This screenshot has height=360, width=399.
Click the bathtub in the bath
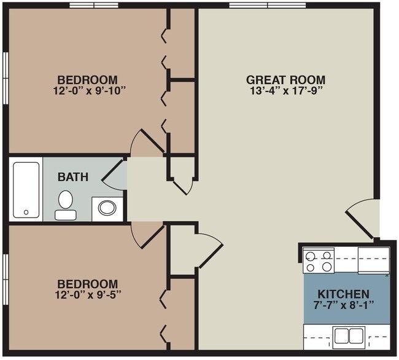coord(26,190)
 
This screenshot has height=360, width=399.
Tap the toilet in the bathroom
coord(66,205)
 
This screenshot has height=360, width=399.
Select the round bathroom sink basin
coord(107,208)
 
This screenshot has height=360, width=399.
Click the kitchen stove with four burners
coord(319,260)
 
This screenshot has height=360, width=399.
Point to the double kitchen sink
coord(349,336)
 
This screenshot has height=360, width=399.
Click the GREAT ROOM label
coord(285,80)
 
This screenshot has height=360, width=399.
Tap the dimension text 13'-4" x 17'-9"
coord(286,91)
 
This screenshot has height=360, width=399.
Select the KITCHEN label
coord(343,294)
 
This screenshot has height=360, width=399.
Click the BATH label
coord(73,177)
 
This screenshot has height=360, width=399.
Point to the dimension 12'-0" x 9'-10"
coord(90,91)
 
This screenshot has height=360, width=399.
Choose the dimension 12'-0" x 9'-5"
coord(88,295)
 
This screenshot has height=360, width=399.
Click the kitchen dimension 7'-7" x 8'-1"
coord(344,305)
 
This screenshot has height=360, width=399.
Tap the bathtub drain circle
coord(26,212)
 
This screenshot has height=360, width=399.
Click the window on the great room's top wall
coord(268,5)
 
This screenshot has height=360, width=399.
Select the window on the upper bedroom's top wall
coord(94,5)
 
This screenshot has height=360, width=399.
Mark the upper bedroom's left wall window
coord(6,78)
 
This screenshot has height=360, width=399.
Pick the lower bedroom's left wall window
coord(6,280)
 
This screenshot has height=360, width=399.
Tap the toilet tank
coord(66,215)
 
